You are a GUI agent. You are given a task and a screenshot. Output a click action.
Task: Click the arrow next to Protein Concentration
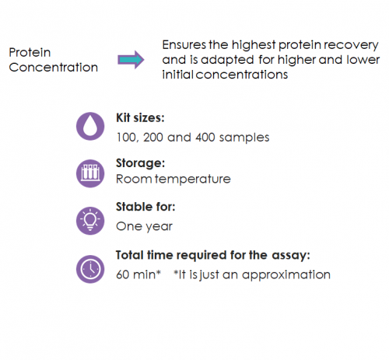(131, 60)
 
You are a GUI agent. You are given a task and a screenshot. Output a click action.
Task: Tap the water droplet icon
(89, 127)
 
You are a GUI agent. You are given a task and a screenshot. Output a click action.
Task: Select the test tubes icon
(89, 172)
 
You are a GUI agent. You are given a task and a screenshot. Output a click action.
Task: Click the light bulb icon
(89, 219)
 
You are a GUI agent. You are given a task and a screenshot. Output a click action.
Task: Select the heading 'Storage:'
(139, 165)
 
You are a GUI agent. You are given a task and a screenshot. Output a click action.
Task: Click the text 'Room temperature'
(173, 179)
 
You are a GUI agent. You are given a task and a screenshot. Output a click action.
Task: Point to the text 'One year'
(144, 226)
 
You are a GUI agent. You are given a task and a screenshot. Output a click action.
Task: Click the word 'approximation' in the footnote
(293, 274)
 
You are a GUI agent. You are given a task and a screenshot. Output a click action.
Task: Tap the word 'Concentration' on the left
(54, 67)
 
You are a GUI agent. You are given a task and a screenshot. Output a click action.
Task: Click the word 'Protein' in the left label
(30, 52)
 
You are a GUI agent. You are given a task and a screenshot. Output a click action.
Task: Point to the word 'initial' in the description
(178, 75)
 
